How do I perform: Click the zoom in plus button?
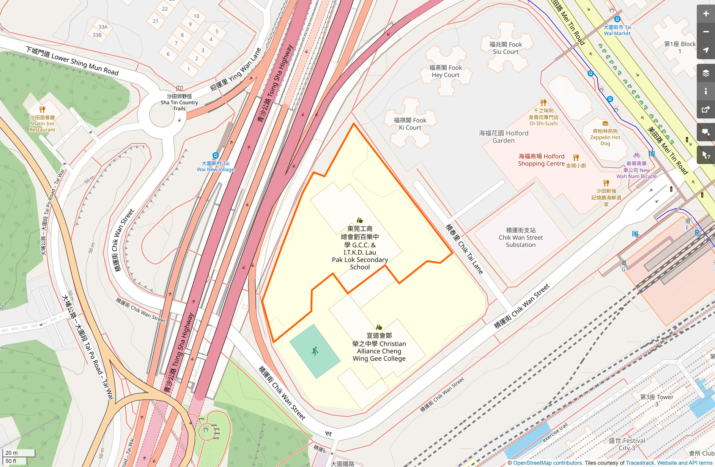pyautogui.click(x=706, y=14)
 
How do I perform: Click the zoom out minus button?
pyautogui.click(x=706, y=32)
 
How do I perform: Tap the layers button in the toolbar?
pyautogui.click(x=706, y=73)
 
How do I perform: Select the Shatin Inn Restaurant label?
pyautogui.click(x=42, y=124)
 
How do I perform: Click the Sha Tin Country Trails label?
pyautogui.click(x=179, y=102)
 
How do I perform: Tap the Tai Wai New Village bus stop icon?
pyautogui.click(x=216, y=155)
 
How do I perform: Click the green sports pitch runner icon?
pyautogui.click(x=315, y=351)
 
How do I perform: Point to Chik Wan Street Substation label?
pyautogui.click(x=521, y=238)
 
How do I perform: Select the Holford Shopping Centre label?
pyautogui.click(x=541, y=160)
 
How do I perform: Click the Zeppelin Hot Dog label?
pyautogui.click(x=605, y=137)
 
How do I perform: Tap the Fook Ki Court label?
pyautogui.click(x=410, y=124)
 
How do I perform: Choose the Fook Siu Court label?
pyautogui.click(x=506, y=48)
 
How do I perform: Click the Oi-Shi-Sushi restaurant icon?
pyautogui.click(x=543, y=103)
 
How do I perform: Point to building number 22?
pyautogui.click(x=165, y=9)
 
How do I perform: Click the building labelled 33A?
pyautogui.click(x=103, y=27)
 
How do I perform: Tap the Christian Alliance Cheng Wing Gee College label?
pyautogui.click(x=379, y=347)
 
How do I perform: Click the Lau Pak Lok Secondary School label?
pyautogui.click(x=360, y=248)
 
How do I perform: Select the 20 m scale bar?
pyautogui.click(x=19, y=453)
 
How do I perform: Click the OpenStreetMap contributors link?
pyautogui.click(x=548, y=463)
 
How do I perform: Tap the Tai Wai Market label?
pyautogui.click(x=617, y=30)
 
